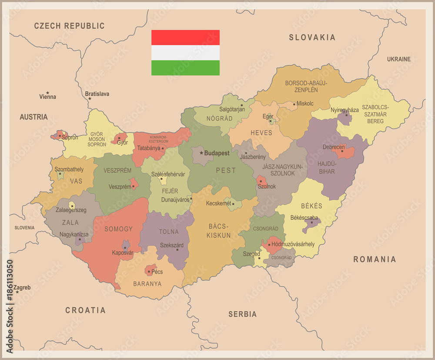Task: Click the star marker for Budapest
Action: click(201, 153)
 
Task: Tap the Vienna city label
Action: click(48, 97)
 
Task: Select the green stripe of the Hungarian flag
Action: click(185, 68)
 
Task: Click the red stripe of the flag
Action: click(185, 37)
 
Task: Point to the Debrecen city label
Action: click(334, 147)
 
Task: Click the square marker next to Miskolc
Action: click(294, 104)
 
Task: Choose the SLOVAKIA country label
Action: click(312, 37)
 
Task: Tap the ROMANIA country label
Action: click(375, 259)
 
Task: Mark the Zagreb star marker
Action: click(17, 292)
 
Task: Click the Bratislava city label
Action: click(97, 94)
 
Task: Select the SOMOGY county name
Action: click(118, 229)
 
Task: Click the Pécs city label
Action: click(157, 272)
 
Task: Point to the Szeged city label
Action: click(251, 254)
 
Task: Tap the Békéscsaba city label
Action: click(304, 218)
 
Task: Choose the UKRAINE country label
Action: click(399, 59)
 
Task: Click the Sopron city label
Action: click(70, 137)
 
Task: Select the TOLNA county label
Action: click(169, 232)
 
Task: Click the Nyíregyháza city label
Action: click(345, 110)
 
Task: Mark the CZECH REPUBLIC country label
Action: click(70, 26)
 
